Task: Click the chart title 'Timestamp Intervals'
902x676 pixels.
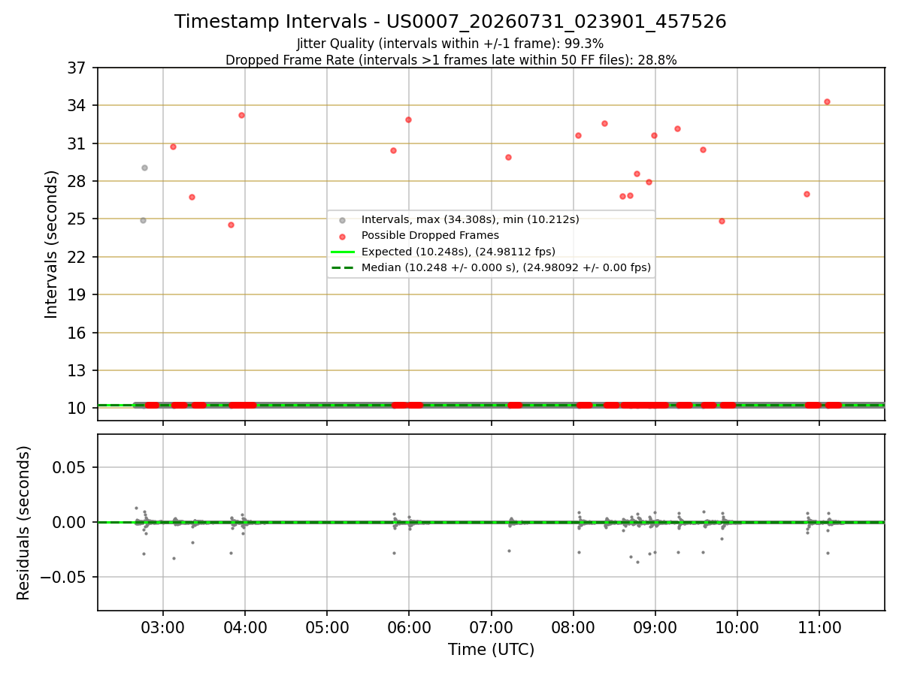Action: pyautogui.click(x=270, y=21)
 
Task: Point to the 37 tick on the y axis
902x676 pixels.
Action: pyautogui.click(x=77, y=68)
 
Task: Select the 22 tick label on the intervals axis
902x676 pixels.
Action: pyautogui.click(x=77, y=258)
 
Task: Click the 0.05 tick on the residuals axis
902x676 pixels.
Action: pyautogui.click(x=68, y=467)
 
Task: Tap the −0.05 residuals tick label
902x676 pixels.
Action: pyautogui.click(x=63, y=578)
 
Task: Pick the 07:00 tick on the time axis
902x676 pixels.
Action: pyautogui.click(x=491, y=628)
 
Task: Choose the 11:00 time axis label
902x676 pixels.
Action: pyautogui.click(x=819, y=628)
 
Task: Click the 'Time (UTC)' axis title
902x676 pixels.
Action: pyautogui.click(x=491, y=650)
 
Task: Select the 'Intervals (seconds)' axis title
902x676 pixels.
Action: pyautogui.click(x=51, y=245)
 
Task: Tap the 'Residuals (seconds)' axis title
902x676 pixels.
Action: pyautogui.click(x=23, y=523)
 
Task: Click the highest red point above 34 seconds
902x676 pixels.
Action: pyautogui.click(x=828, y=102)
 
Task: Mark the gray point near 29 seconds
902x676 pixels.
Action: pyautogui.click(x=144, y=167)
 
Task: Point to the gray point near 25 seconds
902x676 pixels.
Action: pyautogui.click(x=143, y=220)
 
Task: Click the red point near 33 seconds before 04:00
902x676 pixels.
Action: pyautogui.click(x=241, y=116)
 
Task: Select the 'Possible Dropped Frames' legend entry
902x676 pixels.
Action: pyautogui.click(x=419, y=236)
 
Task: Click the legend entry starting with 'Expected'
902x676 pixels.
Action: pyautogui.click(x=443, y=252)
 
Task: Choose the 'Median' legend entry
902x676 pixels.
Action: pyautogui.click(x=491, y=267)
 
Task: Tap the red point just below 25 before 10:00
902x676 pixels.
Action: pyautogui.click(x=722, y=222)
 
